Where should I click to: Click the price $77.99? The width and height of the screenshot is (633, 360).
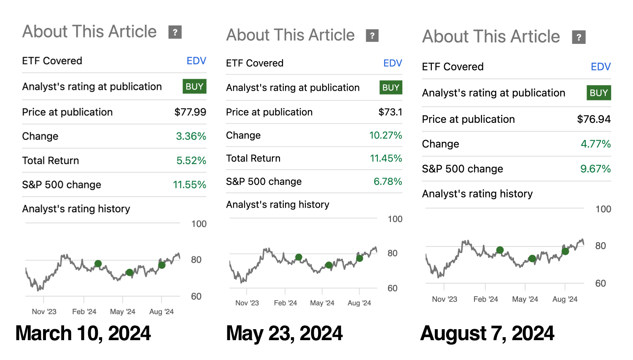click(x=190, y=112)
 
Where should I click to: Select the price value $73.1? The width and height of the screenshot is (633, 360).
click(x=390, y=112)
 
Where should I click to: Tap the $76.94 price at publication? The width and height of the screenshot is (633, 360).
click(x=594, y=119)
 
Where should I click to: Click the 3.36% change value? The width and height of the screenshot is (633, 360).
click(x=191, y=136)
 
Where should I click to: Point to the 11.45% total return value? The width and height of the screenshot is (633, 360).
click(x=386, y=159)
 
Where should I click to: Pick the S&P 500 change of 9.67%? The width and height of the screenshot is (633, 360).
click(x=595, y=169)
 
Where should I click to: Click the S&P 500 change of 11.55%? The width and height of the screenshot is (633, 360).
click(x=189, y=185)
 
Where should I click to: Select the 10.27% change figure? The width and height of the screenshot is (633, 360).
click(x=385, y=135)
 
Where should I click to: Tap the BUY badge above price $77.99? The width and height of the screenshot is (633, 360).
click(x=194, y=87)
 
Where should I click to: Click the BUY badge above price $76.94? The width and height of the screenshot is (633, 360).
click(x=598, y=93)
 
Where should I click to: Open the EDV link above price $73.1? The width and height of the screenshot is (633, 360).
click(x=393, y=63)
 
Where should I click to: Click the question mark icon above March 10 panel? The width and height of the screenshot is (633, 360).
click(x=175, y=32)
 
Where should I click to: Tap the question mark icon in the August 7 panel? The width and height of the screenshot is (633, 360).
click(x=579, y=37)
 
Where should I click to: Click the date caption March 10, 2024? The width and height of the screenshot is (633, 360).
click(x=83, y=333)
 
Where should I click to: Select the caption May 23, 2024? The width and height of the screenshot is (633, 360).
click(x=284, y=333)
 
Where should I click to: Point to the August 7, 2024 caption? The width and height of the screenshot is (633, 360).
click(x=487, y=333)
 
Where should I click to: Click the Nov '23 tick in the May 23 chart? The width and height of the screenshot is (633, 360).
click(x=247, y=303)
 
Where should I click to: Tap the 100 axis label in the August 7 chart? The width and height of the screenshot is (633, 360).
click(x=603, y=209)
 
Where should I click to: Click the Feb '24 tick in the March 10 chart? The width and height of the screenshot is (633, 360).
click(x=84, y=311)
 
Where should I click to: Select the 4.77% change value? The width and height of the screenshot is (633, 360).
click(x=595, y=144)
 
